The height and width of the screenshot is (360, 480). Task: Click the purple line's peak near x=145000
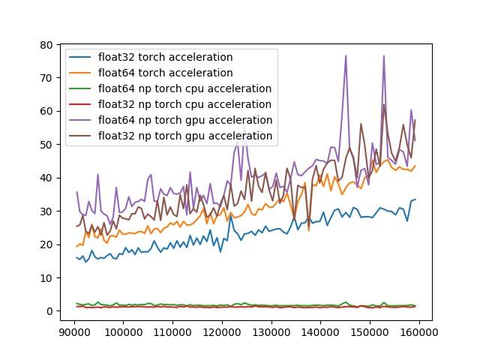(346, 55)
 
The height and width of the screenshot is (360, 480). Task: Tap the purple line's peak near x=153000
(384, 55)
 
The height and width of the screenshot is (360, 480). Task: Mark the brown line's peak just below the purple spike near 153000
(384, 104)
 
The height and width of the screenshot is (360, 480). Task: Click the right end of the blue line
(415, 199)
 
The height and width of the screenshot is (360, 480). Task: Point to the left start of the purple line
(76, 192)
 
